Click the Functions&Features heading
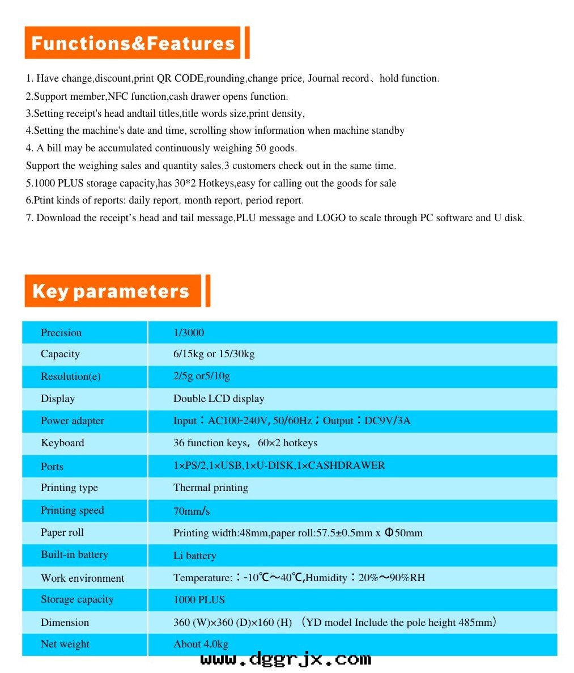[133, 43]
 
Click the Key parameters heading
[110, 291]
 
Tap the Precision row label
[61, 333]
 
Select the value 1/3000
[189, 333]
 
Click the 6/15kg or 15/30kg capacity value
[214, 354]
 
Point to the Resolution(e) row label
[70, 376]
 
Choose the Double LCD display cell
[219, 399]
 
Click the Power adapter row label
[72, 421]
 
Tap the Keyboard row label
[62, 443]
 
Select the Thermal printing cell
[211, 488]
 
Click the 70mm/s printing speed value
[192, 511]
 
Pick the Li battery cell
[194, 556]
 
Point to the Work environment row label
[82, 578]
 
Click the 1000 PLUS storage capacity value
[199, 600]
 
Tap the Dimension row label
[65, 623]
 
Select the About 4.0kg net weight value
[201, 644]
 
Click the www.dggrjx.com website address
[286, 659]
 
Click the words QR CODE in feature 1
[180, 78]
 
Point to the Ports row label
[52, 466]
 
